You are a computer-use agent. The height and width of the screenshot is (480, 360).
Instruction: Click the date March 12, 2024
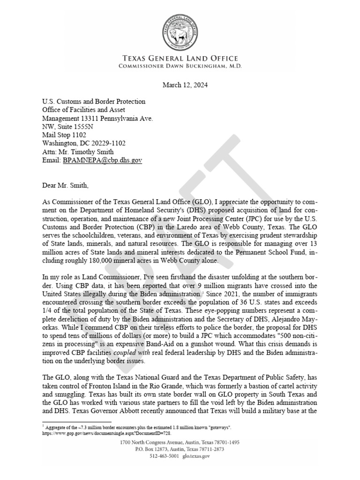[185, 85]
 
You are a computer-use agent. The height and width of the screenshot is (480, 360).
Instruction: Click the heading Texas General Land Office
[180, 59]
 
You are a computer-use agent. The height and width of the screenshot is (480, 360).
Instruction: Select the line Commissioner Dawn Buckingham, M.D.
[180, 66]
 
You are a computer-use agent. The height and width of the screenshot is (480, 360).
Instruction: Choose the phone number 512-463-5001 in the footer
[164, 456]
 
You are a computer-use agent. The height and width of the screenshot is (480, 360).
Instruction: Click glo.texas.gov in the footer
[196, 456]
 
